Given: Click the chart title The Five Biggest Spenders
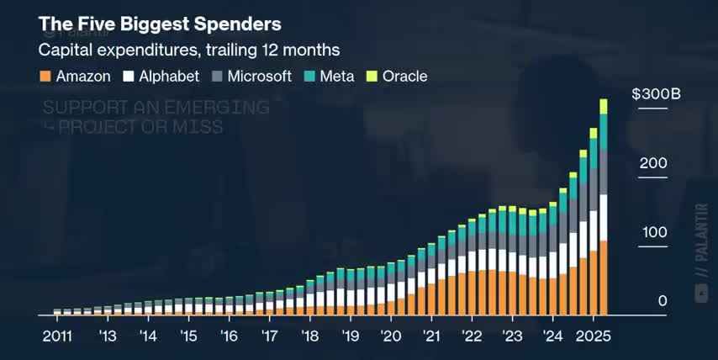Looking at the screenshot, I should (x=160, y=23).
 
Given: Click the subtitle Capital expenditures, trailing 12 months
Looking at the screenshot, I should (x=189, y=50).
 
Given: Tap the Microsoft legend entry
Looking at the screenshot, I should (x=251, y=77).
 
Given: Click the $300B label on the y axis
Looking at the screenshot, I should (x=656, y=94).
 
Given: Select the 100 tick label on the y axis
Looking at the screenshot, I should (x=652, y=232).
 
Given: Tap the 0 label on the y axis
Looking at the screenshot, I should (x=663, y=301).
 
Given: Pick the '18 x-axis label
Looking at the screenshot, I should (x=309, y=336).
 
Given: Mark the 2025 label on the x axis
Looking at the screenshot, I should (x=592, y=336).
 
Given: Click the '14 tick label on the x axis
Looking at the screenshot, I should (x=148, y=336).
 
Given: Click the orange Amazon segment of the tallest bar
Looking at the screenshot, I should (x=603, y=278).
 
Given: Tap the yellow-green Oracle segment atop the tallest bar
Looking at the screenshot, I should (x=603, y=106).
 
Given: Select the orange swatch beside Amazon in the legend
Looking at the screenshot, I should (x=45, y=77).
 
